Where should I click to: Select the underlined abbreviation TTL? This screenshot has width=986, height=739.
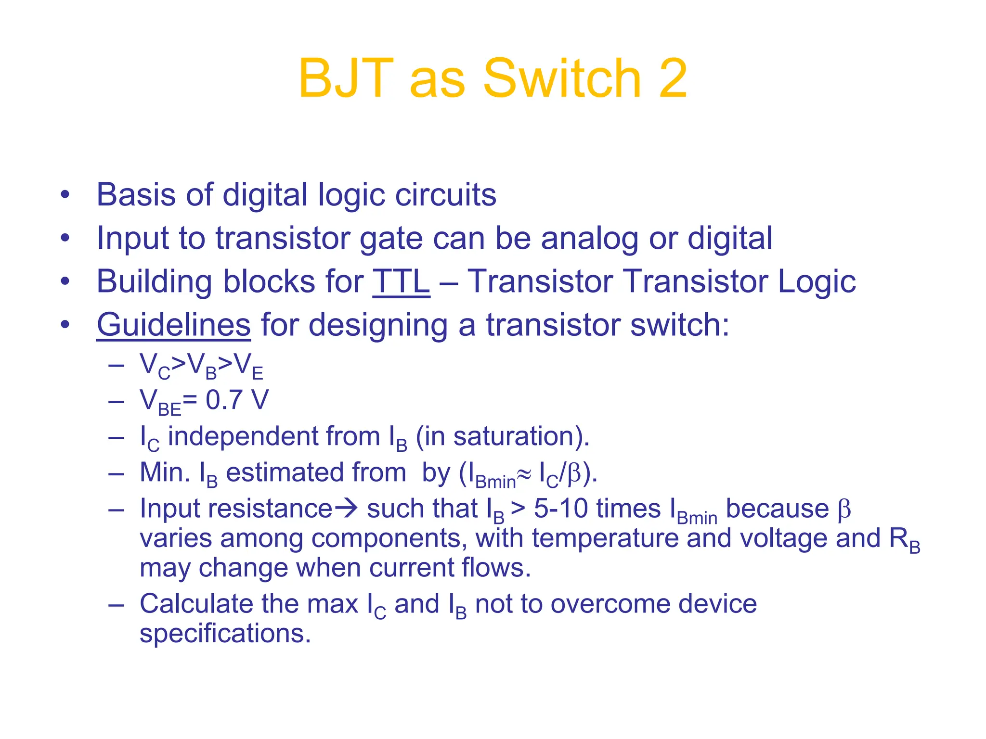(x=401, y=281)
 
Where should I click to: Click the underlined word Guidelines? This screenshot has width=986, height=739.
(x=173, y=325)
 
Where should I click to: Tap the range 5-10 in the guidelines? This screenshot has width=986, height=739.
(x=560, y=509)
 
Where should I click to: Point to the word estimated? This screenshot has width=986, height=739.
(x=316, y=472)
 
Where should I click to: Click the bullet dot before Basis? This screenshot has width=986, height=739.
(x=65, y=195)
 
